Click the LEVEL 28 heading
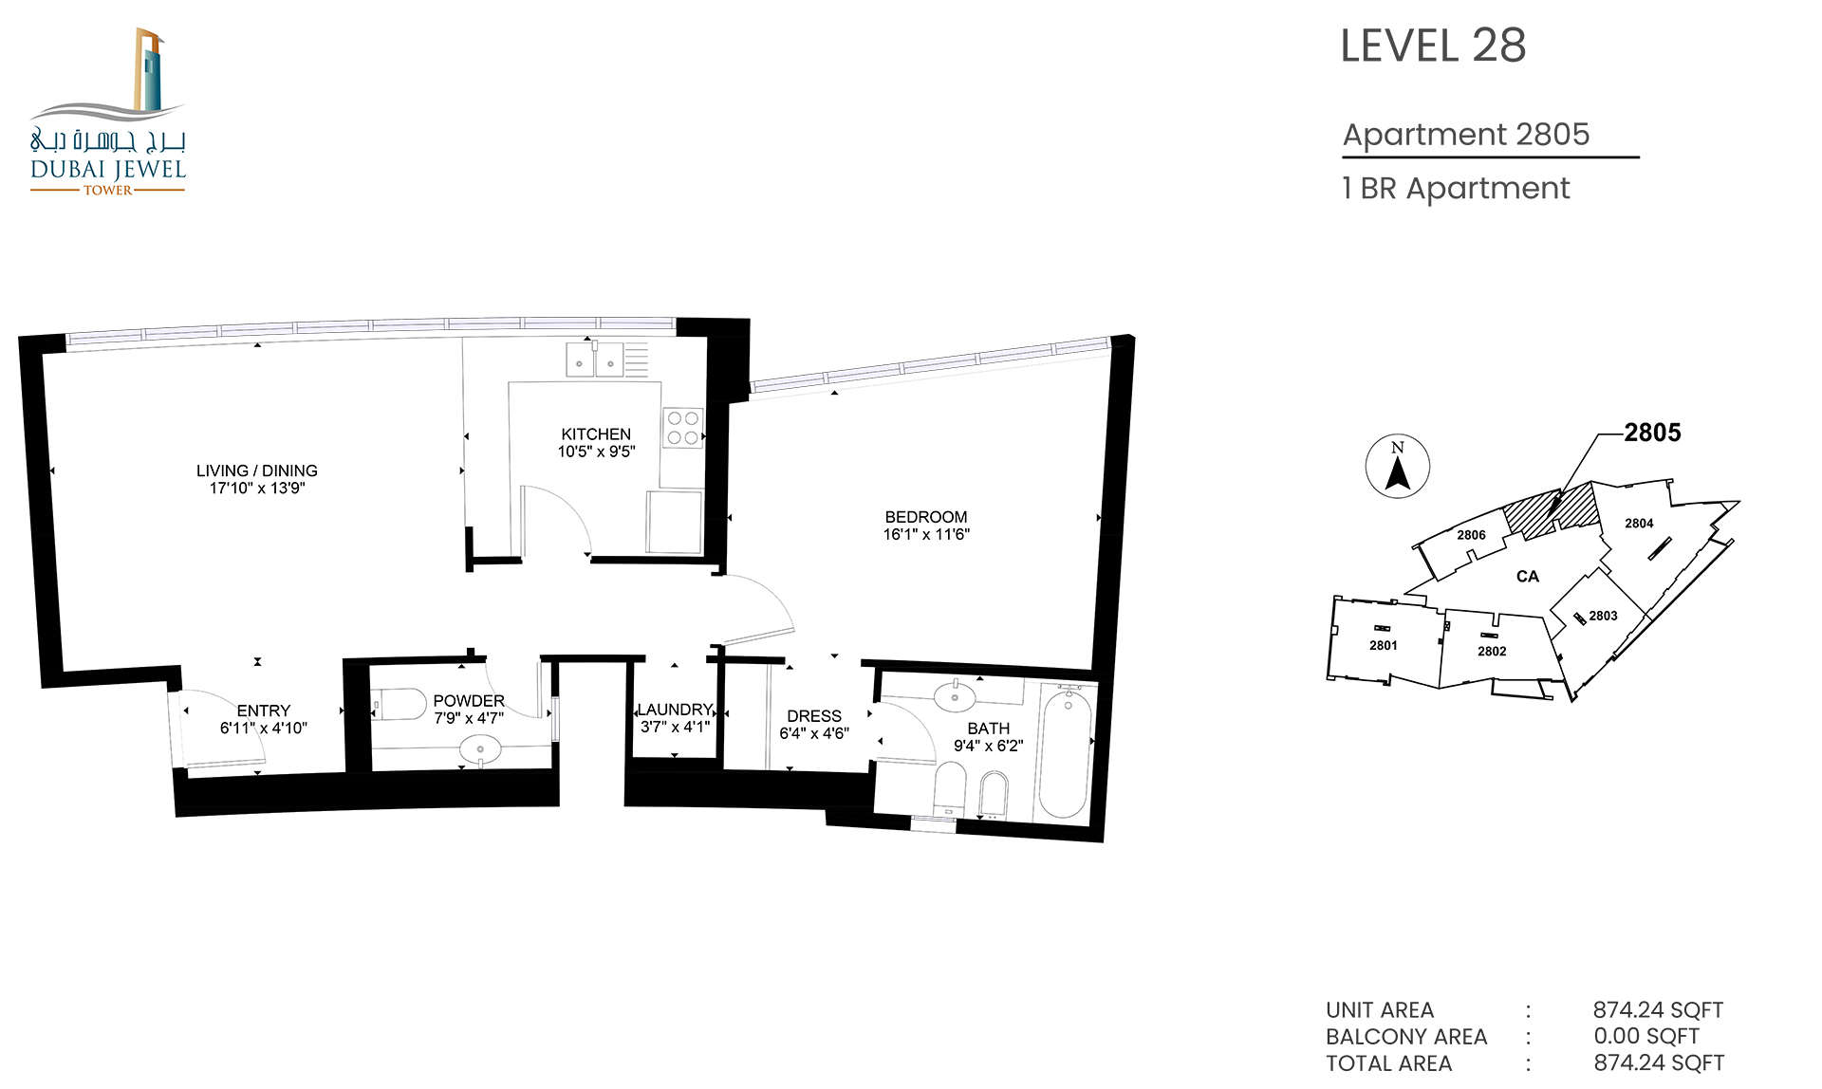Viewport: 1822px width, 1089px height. (x=1433, y=46)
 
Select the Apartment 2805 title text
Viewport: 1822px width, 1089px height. (x=1466, y=135)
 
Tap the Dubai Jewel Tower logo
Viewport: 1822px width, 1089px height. (x=108, y=112)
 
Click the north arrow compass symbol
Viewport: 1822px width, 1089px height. (x=1398, y=467)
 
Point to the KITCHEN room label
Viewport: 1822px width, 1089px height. (x=596, y=434)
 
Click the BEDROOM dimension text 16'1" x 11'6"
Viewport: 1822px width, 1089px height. (x=926, y=534)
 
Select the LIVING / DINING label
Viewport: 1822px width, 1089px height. (x=257, y=471)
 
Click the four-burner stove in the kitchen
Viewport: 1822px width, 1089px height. (x=683, y=428)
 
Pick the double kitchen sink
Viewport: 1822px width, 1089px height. (x=595, y=360)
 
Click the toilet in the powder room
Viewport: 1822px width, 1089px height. (x=399, y=705)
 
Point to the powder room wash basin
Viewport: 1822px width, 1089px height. (x=480, y=749)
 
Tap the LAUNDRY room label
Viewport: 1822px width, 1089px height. (x=675, y=710)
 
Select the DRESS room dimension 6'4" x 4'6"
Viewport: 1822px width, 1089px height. (x=814, y=733)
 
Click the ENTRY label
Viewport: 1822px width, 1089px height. (x=264, y=711)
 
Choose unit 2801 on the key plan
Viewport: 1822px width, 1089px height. (x=1384, y=645)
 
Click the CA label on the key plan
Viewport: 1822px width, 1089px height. (x=1528, y=576)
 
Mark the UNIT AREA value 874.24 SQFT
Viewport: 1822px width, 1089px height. (x=1658, y=1010)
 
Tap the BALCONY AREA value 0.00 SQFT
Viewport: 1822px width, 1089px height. (x=1646, y=1037)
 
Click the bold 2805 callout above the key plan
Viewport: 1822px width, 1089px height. (x=1652, y=433)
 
